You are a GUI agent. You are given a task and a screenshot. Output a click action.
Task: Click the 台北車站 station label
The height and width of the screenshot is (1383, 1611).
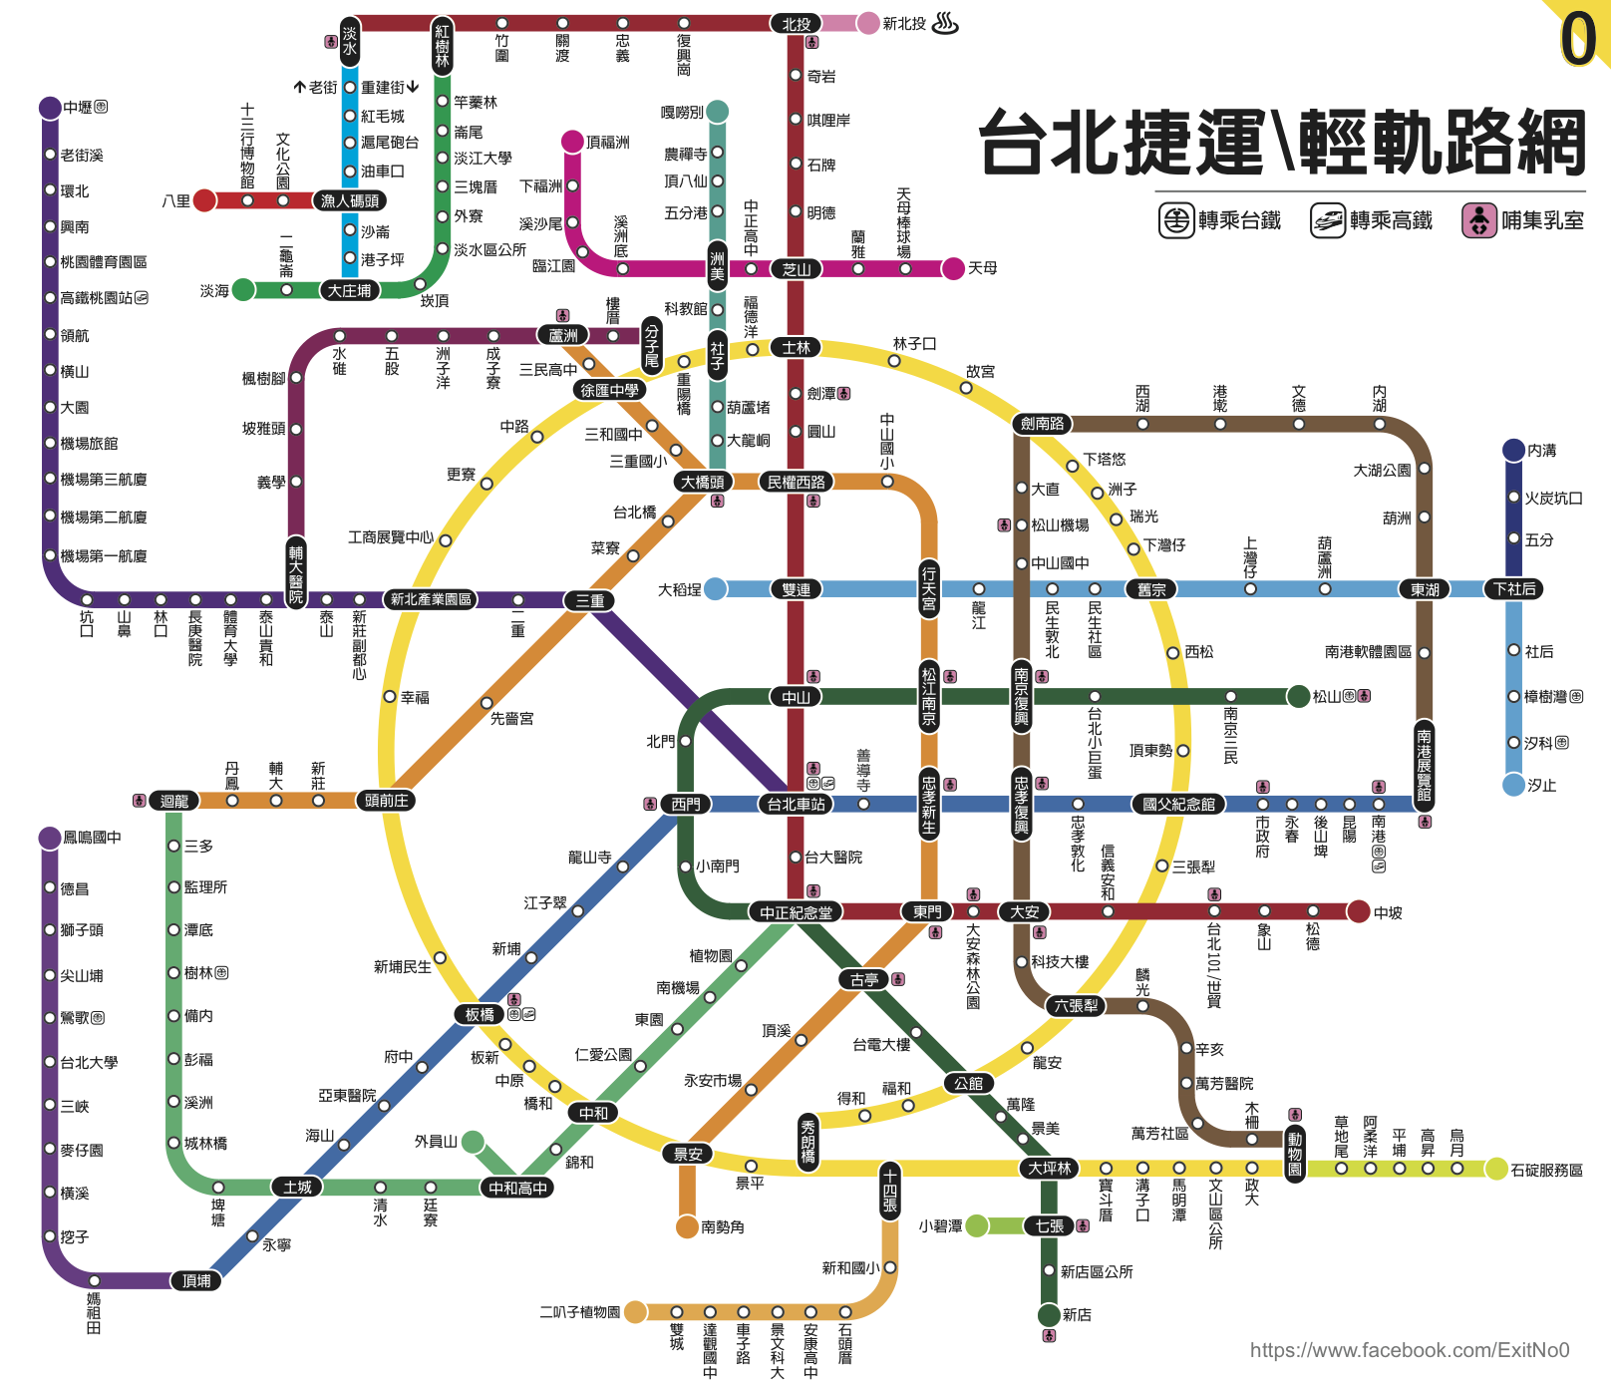[x=796, y=804]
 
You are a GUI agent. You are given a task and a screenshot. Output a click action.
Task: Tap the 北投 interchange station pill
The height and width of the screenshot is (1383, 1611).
[x=796, y=24]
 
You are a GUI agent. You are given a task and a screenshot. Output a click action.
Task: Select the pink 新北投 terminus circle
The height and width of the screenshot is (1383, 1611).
[x=868, y=23]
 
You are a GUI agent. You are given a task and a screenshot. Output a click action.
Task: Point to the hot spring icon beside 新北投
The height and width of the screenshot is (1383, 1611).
[x=945, y=23]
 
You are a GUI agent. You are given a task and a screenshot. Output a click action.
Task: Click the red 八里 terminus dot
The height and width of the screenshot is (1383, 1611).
[x=204, y=200]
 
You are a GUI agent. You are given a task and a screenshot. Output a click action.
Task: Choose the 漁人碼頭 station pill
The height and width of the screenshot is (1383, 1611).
[x=350, y=200]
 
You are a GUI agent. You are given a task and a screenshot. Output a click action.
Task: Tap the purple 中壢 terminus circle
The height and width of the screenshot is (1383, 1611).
[x=50, y=108]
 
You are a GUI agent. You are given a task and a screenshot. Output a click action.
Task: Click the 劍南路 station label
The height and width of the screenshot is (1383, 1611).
[x=1043, y=423]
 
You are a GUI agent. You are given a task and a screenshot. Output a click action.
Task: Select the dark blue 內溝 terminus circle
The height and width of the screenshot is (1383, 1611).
[x=1513, y=450]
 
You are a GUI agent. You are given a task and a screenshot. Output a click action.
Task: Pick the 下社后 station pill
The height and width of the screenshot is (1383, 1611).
[x=1514, y=588]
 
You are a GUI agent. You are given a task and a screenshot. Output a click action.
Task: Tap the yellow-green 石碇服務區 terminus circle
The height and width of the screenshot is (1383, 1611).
[x=1496, y=1169]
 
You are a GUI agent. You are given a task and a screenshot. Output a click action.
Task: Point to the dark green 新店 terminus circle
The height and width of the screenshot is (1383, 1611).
[x=1049, y=1314]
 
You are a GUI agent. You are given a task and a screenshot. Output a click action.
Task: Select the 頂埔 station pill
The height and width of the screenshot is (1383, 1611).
[x=196, y=1280]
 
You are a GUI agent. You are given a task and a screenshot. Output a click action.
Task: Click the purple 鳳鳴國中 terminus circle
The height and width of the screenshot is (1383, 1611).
[x=50, y=838]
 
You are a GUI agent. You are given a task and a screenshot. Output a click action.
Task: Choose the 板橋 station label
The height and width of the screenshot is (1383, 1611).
[x=480, y=1014]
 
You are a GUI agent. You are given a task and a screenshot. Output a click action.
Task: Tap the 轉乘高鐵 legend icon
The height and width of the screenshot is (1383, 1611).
[x=1327, y=220]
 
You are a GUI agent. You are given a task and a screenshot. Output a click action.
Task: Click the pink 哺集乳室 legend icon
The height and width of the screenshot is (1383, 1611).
[x=1478, y=220]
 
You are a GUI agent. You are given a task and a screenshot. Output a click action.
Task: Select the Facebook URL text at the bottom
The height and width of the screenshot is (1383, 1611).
[x=1410, y=1350]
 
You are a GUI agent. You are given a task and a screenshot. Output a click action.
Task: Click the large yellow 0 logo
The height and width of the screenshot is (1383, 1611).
[x=1579, y=40]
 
